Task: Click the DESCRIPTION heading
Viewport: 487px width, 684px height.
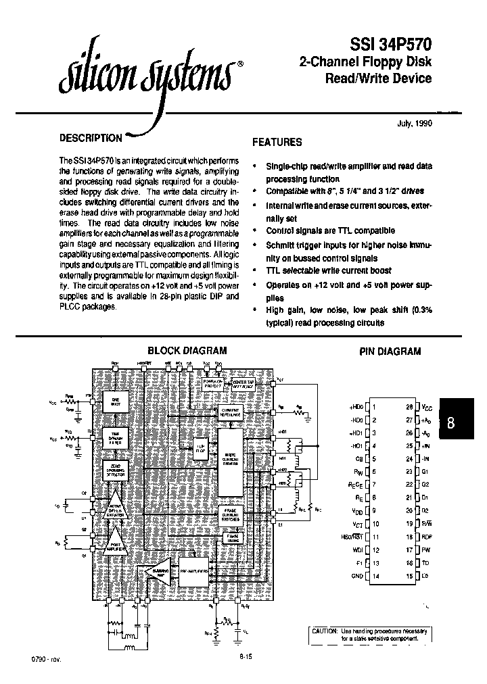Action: coord(91,138)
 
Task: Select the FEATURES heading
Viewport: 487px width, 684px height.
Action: coord(277,143)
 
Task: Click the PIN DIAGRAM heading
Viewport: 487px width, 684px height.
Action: coord(390,351)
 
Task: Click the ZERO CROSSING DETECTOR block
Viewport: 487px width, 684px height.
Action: coord(116,470)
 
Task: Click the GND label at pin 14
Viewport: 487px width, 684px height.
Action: coord(358,576)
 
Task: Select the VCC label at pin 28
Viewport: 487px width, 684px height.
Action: coord(426,407)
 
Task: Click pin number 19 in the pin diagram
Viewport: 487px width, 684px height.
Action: coord(410,523)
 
